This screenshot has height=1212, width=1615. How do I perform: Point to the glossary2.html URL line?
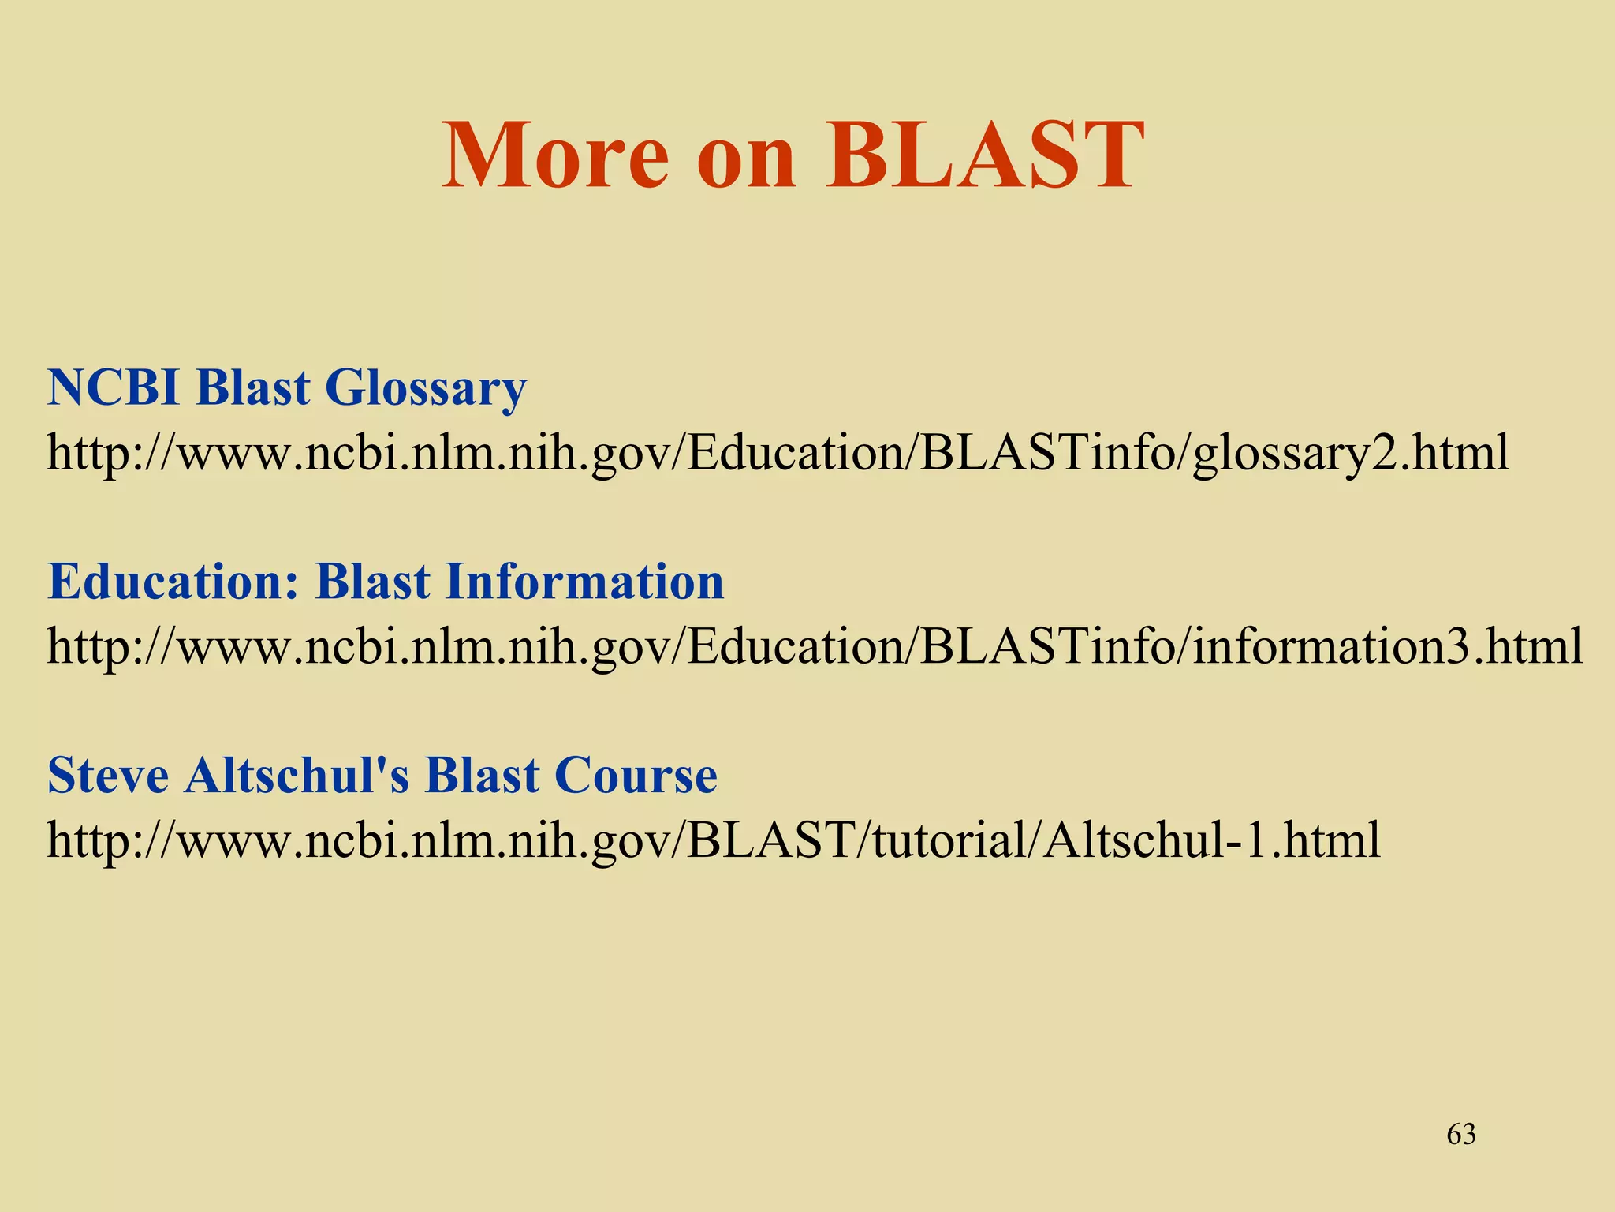[778, 454]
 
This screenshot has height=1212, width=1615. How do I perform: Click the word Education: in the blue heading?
[173, 582]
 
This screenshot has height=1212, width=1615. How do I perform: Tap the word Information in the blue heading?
[584, 582]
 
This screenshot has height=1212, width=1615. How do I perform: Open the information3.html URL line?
[815, 647]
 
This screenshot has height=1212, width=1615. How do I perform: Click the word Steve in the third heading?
[108, 776]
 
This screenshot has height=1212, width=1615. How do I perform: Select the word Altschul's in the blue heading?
[297, 776]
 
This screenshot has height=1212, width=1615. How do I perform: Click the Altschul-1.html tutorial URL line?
[714, 840]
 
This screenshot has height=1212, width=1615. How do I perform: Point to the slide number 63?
[1461, 1135]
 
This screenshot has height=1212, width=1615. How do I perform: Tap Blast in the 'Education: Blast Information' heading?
[373, 582]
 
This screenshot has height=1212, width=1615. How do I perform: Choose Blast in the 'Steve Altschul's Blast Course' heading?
[482, 776]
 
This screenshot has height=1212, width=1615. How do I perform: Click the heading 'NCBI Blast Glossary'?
[287, 389]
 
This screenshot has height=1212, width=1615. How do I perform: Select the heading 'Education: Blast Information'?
[386, 582]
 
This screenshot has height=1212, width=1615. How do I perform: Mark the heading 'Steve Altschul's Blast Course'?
[382, 776]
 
